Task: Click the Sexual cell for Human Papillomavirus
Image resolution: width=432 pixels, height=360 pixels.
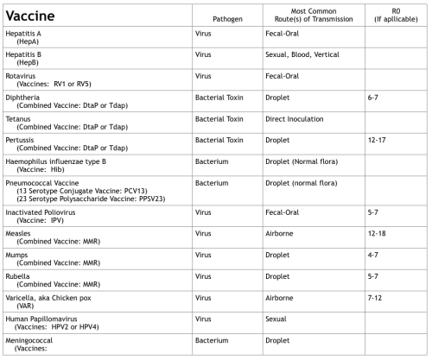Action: coord(277,318)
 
